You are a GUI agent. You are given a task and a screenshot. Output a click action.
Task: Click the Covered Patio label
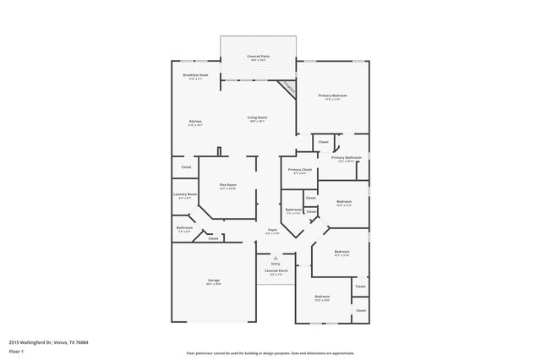point(257,57)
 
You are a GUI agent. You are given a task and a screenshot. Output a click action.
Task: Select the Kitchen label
point(195,122)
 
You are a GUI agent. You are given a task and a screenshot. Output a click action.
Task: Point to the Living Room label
point(257,117)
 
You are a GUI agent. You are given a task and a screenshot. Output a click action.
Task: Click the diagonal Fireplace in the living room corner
point(287,87)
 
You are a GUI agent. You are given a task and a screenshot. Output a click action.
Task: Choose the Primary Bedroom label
point(333,96)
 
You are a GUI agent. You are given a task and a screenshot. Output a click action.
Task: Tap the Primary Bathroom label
point(346,158)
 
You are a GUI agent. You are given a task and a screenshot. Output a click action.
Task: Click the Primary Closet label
point(299,171)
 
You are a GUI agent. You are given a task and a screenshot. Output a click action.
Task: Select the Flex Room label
point(227,185)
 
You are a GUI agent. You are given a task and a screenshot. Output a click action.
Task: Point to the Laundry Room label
point(185,195)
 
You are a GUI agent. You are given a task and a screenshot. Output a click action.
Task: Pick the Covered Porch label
point(276,271)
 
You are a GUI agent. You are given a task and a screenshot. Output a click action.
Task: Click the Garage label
point(214,281)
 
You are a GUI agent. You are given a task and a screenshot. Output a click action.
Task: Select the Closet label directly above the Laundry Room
point(186,167)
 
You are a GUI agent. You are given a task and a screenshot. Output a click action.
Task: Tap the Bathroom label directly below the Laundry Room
point(184,228)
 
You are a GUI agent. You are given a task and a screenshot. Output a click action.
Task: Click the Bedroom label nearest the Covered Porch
point(322,297)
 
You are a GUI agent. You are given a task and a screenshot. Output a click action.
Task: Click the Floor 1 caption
point(17,351)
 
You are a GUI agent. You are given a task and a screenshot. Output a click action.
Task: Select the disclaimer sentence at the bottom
point(270,353)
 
